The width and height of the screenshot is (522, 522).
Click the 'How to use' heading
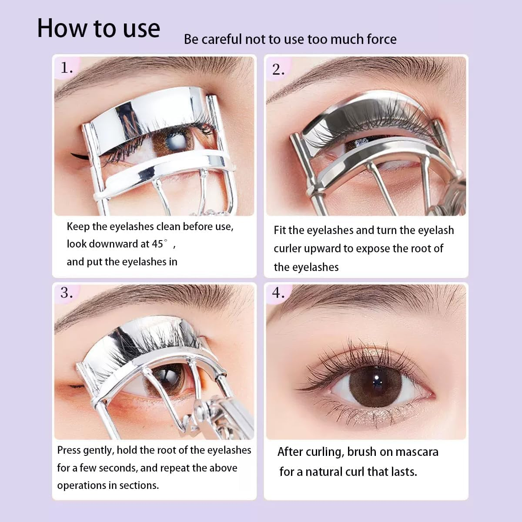click(99, 29)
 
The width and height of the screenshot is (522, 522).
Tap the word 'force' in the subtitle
click(381, 40)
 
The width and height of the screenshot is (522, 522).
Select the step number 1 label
click(67, 68)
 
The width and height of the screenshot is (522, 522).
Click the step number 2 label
click(278, 70)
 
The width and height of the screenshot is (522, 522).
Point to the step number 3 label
click(67, 292)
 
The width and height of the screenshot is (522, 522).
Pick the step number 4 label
click(278, 293)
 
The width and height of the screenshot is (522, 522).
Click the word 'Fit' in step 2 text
click(280, 230)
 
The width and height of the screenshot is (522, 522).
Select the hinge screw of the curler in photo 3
click(199, 409)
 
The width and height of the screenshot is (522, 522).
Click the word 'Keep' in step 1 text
click(78, 227)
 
